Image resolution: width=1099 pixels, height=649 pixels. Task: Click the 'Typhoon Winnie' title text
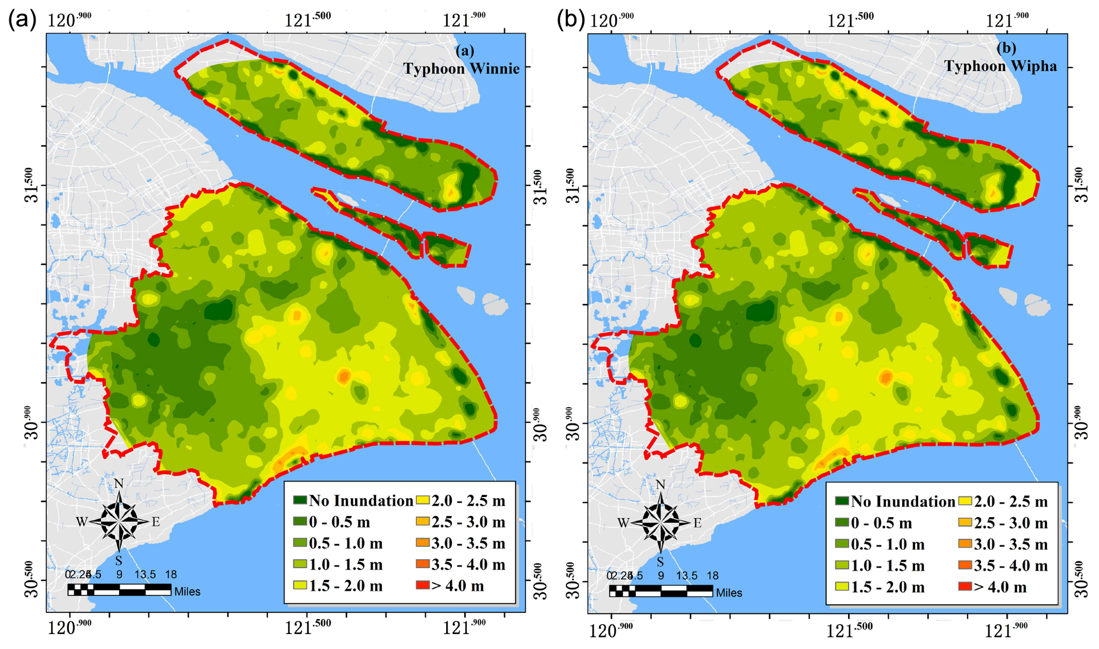461,69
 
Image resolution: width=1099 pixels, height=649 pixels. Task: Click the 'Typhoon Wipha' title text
1000,66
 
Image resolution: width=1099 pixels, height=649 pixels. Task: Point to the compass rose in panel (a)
119,522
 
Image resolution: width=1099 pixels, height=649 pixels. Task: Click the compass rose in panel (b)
660,523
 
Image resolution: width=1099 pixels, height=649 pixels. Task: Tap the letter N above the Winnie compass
119,483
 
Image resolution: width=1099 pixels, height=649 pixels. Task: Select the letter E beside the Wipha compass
698,523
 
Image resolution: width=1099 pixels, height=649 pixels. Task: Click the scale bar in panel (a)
119,589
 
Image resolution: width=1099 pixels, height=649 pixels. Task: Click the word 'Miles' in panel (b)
729,593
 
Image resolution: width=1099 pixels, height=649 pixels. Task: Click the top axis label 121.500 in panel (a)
308,20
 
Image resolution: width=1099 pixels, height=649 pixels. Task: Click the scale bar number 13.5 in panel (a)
145,575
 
